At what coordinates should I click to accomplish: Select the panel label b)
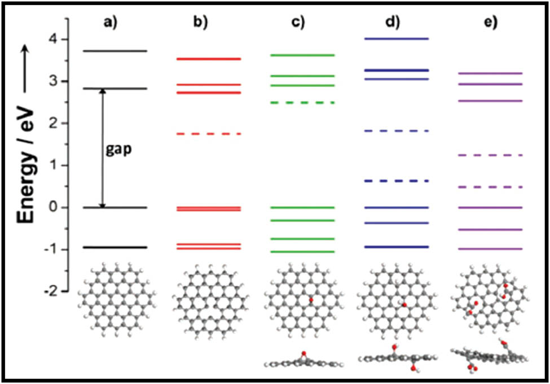(x=201, y=23)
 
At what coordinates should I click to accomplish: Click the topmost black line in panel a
(x=115, y=51)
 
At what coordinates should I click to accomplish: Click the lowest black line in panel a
(x=115, y=247)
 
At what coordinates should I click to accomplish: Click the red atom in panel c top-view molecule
(x=310, y=301)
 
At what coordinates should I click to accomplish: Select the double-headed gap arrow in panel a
(x=102, y=148)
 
